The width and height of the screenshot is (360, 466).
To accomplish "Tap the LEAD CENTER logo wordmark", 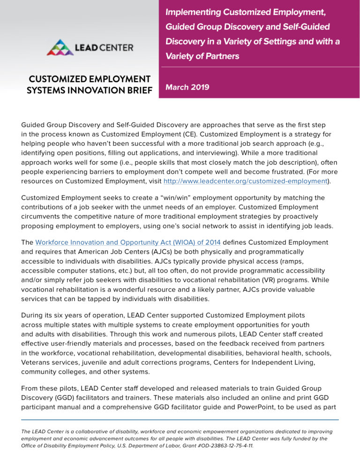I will (x=103, y=47).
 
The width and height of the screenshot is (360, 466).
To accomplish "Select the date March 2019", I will (x=187, y=87).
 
